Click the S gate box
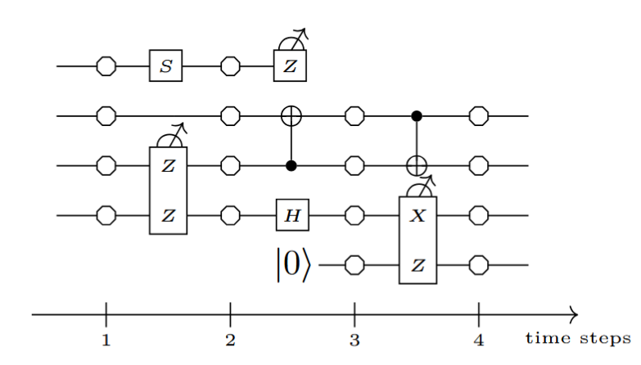(x=165, y=66)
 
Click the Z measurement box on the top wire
(x=290, y=66)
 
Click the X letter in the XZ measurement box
(x=418, y=216)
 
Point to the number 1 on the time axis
(x=106, y=340)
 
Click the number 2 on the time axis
(x=230, y=340)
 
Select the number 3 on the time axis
(x=354, y=340)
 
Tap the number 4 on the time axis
(x=479, y=340)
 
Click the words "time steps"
(x=577, y=337)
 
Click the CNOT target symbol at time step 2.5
(x=290, y=116)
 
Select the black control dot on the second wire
(x=417, y=116)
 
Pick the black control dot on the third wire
(x=290, y=166)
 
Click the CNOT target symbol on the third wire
(x=417, y=166)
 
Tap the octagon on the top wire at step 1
(x=106, y=66)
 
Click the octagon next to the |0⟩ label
(x=354, y=266)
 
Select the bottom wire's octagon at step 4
(x=479, y=266)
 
